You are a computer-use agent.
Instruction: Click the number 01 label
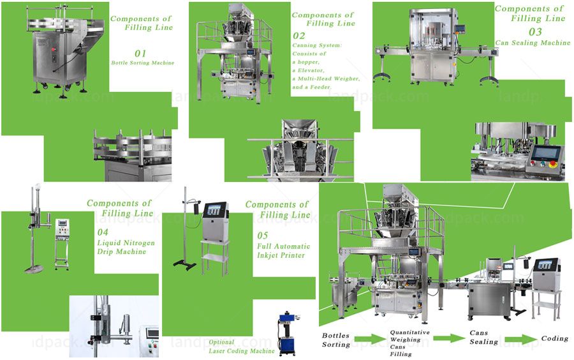(140, 53)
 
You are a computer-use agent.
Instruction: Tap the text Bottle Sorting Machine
(142, 63)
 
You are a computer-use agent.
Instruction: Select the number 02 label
(299, 36)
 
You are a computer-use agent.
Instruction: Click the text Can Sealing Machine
(533, 43)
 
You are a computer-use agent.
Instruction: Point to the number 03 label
(536, 31)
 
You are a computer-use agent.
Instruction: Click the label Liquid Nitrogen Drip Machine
(121, 247)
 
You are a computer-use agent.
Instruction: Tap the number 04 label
(103, 232)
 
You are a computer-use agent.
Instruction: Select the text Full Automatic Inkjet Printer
(283, 251)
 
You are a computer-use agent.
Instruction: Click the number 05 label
(263, 236)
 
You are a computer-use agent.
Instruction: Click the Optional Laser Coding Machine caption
(241, 347)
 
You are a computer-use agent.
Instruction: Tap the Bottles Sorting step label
(336, 340)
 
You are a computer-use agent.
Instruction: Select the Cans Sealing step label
(484, 338)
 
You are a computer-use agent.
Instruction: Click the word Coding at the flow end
(554, 338)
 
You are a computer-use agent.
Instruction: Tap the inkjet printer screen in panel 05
(214, 209)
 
